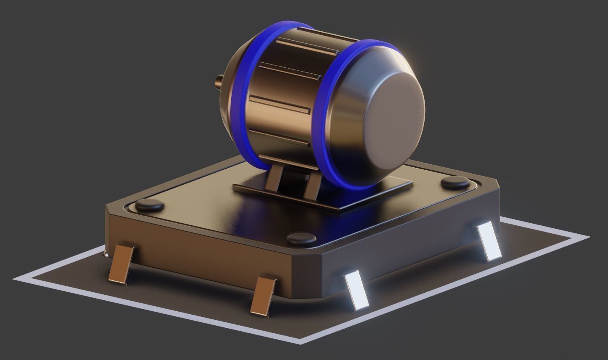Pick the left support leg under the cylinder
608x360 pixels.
click(273, 180)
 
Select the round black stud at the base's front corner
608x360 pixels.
click(301, 239)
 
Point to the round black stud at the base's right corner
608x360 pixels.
click(456, 183)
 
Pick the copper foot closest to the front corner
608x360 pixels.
click(263, 296)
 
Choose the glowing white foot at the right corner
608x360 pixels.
click(489, 241)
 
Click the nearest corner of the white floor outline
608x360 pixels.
click(301, 341)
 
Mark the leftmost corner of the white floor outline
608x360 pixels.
click(16, 279)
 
